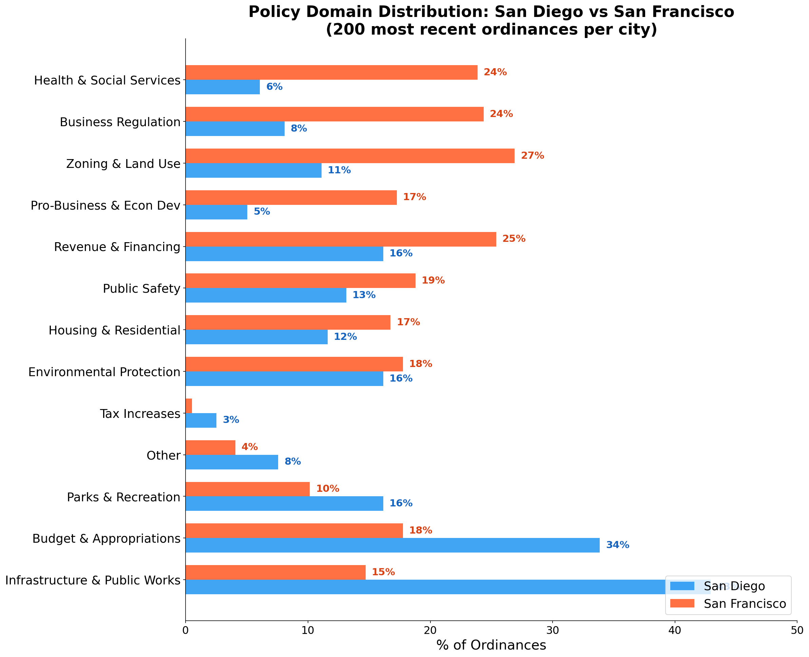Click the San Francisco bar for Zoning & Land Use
click(x=350, y=156)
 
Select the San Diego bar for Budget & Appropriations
click(x=392, y=545)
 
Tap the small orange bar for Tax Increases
click(x=189, y=406)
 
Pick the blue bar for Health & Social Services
click(x=223, y=87)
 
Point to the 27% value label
click(x=533, y=156)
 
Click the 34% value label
click(x=618, y=545)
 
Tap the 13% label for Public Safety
click(x=364, y=295)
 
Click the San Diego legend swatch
click(x=682, y=586)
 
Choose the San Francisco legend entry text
click(x=745, y=604)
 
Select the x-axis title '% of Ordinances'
click(x=491, y=645)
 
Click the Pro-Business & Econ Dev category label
click(x=105, y=205)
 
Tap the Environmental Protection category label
click(x=104, y=372)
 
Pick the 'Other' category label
click(x=163, y=455)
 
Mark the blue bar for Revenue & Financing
click(x=284, y=254)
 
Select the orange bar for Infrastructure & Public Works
click(x=275, y=572)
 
